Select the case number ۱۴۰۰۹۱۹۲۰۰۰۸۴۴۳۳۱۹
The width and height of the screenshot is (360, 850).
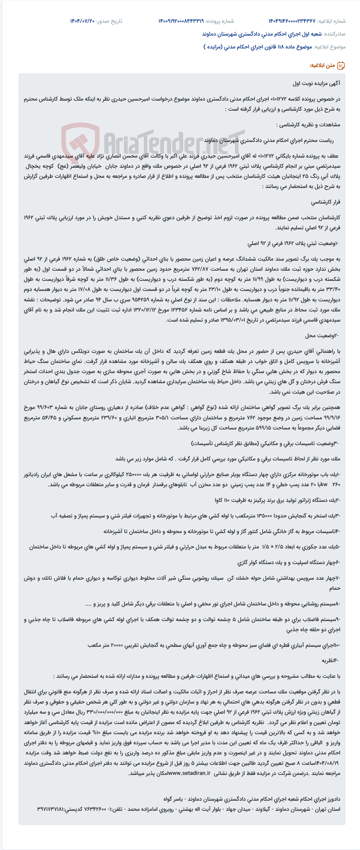[x=181, y=21]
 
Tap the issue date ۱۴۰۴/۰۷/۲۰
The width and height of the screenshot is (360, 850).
[x=82, y=21]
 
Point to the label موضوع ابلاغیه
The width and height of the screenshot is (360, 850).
[x=330, y=47]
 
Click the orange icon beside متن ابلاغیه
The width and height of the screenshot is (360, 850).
[x=341, y=65]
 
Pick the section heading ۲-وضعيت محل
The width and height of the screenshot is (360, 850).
[x=322, y=336]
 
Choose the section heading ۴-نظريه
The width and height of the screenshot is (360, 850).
[x=330, y=660]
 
